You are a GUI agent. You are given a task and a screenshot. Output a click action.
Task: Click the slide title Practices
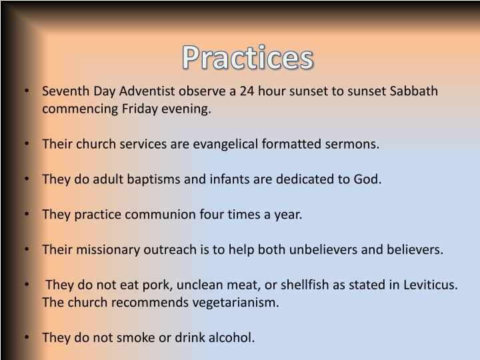tap(248, 58)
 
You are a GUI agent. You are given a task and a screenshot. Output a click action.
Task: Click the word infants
tap(215, 179)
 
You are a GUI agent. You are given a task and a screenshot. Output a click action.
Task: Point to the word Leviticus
tap(431, 285)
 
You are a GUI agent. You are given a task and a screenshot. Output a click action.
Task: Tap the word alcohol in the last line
tap(232, 338)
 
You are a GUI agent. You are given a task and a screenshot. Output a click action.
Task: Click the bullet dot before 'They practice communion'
tap(26, 215)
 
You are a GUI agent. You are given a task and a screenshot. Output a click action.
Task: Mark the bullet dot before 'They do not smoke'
tap(26, 338)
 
